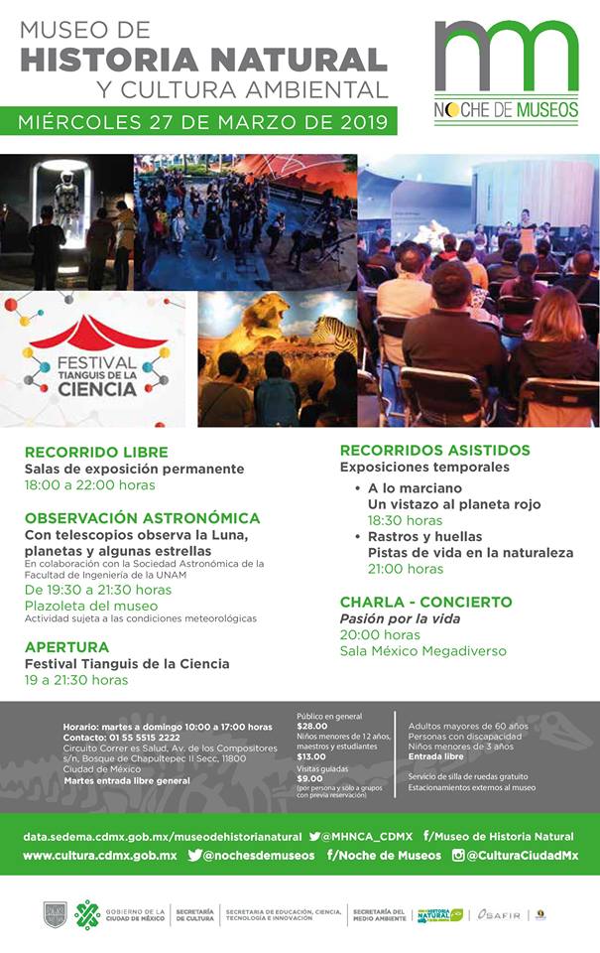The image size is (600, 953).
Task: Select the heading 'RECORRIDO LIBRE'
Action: [x=96, y=452]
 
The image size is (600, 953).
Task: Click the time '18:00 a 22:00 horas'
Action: [x=90, y=485]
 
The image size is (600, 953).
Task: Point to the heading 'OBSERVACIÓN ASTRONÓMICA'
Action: [x=142, y=518]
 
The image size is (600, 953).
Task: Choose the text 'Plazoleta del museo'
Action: [x=91, y=605]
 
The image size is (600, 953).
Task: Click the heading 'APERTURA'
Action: [x=66, y=647]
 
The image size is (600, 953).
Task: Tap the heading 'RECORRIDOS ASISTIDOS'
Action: [x=434, y=450]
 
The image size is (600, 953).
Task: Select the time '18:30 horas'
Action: [x=405, y=520]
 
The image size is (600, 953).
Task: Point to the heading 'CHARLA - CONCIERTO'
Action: [x=425, y=602]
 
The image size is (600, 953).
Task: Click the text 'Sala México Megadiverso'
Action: [x=422, y=651]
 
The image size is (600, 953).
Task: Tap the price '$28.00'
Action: [x=312, y=725]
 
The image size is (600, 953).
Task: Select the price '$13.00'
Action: [x=311, y=756]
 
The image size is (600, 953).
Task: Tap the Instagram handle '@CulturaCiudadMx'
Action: [x=522, y=855]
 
